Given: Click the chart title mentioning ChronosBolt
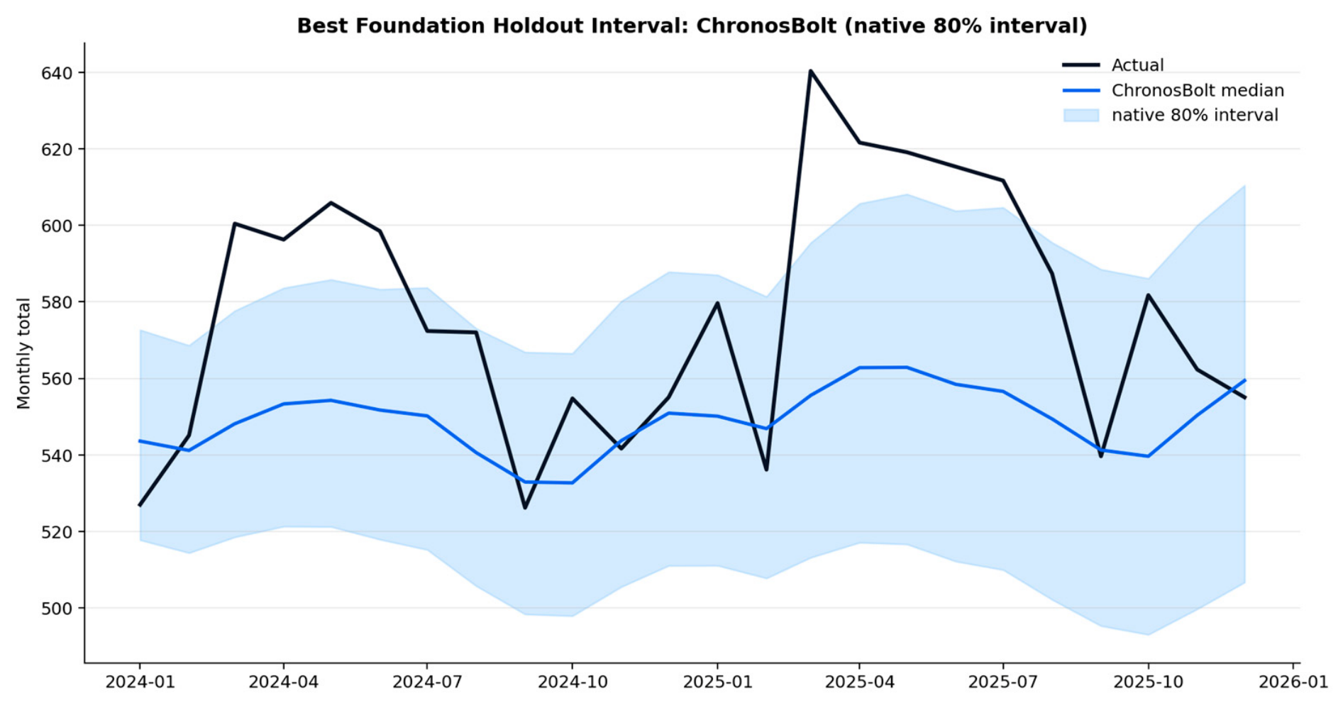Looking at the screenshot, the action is point(692,26).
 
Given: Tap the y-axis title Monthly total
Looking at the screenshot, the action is point(24,353).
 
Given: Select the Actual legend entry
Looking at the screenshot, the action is point(1113,65).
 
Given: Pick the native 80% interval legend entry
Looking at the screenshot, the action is point(1171,115).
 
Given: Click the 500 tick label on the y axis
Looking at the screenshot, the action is point(58,608).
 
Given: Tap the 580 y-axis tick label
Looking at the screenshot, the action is point(58,302).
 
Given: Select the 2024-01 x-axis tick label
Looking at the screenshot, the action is point(140,682).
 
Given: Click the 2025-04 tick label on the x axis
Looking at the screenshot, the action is point(859,682).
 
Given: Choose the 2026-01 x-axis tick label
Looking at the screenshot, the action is point(1293,682).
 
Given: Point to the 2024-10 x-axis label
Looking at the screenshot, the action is point(572,682).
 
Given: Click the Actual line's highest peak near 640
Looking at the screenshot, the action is point(810,71).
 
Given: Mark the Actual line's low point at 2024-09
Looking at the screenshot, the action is point(525,508).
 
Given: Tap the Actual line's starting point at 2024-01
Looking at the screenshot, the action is point(140,505).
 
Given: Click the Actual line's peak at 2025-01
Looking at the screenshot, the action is point(717,303).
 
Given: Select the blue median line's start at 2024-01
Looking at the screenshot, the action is point(140,441).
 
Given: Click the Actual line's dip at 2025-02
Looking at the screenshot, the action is point(766,470).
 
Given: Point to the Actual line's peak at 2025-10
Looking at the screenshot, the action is point(1148,295).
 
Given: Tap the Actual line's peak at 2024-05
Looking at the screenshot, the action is point(331,203).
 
